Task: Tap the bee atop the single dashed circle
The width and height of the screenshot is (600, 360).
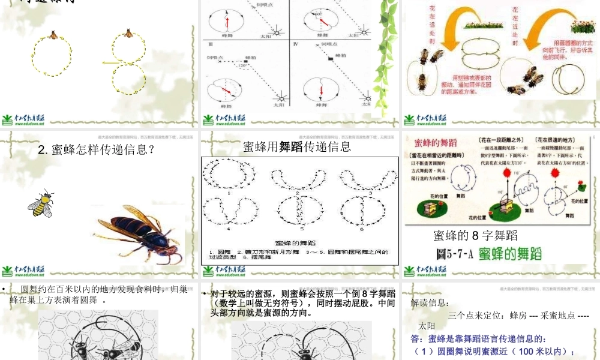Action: [53, 35]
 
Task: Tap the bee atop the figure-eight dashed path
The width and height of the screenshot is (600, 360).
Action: [128, 33]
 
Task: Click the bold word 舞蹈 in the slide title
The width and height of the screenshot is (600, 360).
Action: [292, 146]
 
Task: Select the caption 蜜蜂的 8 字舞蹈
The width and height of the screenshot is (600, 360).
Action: [475, 236]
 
